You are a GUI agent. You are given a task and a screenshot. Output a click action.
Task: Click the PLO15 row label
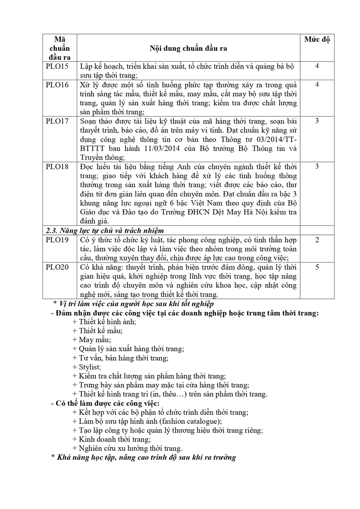pos(58,67)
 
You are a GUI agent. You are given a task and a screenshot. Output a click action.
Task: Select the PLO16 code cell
pos(58,85)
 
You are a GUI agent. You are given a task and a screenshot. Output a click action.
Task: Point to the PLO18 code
pos(58,166)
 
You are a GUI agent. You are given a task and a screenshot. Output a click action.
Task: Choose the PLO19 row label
pos(58,240)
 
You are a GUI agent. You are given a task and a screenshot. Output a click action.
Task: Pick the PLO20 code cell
pos(58,268)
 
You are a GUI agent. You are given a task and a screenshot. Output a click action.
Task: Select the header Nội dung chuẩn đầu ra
pos(188,48)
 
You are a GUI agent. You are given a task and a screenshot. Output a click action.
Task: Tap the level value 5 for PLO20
pos(317,268)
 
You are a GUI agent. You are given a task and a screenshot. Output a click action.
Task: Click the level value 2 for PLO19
pos(317,240)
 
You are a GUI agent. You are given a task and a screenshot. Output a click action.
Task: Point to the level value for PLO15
pos(317,67)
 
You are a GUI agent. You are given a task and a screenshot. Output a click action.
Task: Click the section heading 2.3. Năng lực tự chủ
pos(104,230)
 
